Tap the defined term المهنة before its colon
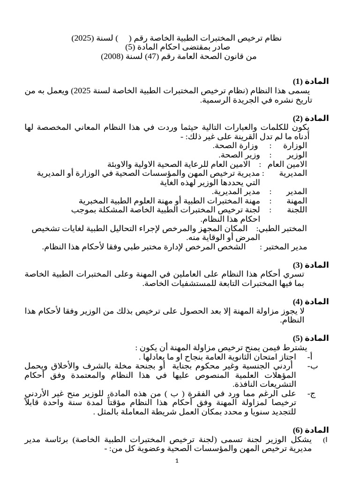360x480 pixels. (296, 201)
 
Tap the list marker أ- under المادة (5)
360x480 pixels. (310, 357)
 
